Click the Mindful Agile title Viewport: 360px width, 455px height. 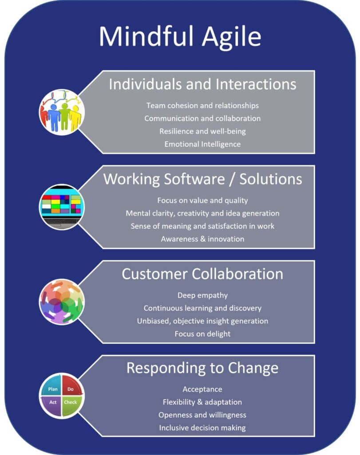pos(180,36)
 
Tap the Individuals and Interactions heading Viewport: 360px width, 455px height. pos(202,84)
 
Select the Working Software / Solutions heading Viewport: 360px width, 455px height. pos(202,179)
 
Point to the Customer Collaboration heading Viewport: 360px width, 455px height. pos(202,274)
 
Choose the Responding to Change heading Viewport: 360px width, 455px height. pos(202,368)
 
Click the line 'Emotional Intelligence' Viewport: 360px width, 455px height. pos(202,144)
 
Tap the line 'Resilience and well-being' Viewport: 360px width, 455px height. pos(202,131)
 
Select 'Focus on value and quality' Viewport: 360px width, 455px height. pos(202,200)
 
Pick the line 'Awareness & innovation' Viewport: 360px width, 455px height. pos(202,239)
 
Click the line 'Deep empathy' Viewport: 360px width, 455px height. pos(202,295)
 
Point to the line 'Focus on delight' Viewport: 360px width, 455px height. pos(202,334)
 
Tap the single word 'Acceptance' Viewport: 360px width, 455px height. pos(202,389)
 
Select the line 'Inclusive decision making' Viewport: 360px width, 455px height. pos(202,428)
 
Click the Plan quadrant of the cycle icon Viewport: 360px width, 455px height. pos(53,389)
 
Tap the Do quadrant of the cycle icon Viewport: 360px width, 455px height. pos(70,389)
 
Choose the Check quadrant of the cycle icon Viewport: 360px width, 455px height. pos(70,403)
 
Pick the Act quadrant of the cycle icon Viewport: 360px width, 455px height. pos(53,403)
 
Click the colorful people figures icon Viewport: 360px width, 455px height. pos(61,112)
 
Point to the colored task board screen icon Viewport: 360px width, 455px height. pos(61,206)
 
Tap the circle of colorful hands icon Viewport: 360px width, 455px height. pos(61,301)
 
